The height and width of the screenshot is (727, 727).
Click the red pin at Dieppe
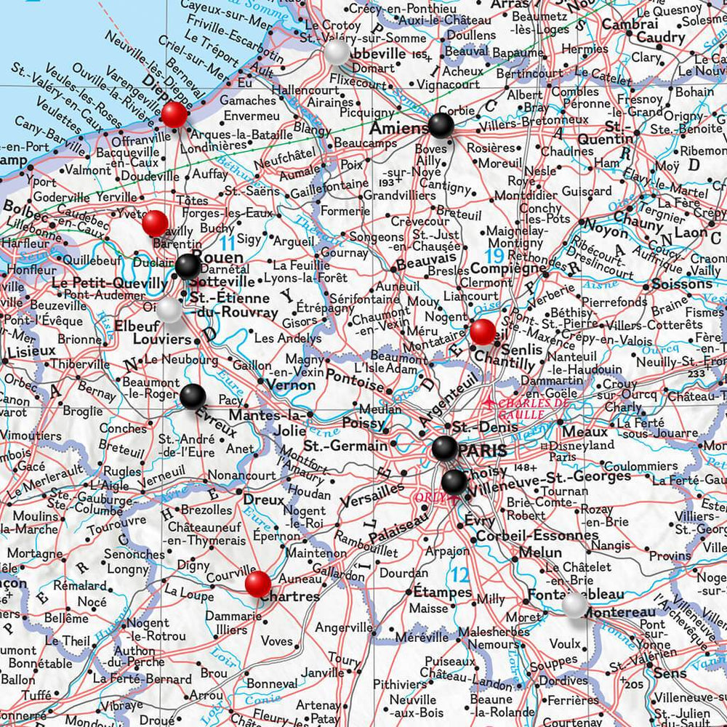pyautogui.click(x=174, y=114)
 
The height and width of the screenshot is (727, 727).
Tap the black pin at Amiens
pyautogui.click(x=441, y=126)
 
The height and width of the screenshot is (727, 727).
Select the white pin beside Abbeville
pyautogui.click(x=336, y=51)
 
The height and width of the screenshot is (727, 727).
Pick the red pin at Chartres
pyautogui.click(x=257, y=583)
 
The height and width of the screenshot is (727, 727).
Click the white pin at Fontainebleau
pyautogui.click(x=574, y=604)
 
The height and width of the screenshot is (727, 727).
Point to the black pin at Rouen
pyautogui.click(x=188, y=266)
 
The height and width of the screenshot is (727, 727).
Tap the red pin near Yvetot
pyautogui.click(x=154, y=223)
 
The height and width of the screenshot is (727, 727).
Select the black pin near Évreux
pyautogui.click(x=193, y=396)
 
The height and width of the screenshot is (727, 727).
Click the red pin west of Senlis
pyautogui.click(x=483, y=332)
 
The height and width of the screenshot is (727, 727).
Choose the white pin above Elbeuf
pyautogui.click(x=169, y=309)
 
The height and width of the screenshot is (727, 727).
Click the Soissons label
pyautogui.click(x=682, y=284)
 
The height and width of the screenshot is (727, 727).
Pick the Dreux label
pyautogui.click(x=263, y=500)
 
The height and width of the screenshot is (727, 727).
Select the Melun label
pyautogui.click(x=540, y=553)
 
